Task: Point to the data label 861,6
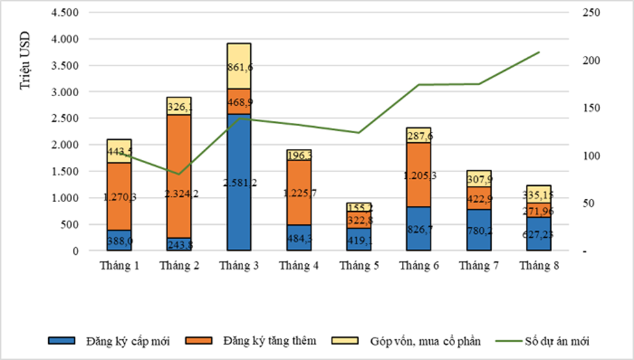tap(239, 68)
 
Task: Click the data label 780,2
tap(479, 229)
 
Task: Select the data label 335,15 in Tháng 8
tap(538, 194)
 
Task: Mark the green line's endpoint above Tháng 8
tap(539, 52)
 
